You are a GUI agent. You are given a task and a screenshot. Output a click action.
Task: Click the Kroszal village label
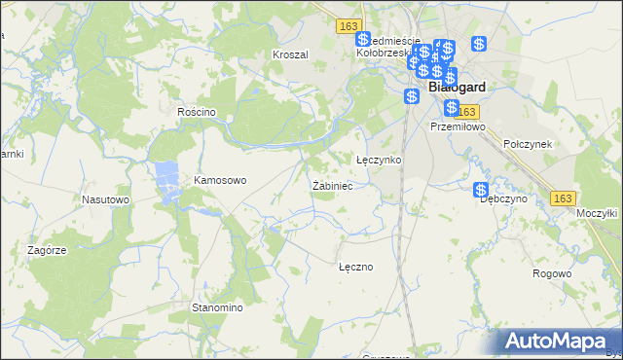point(290,54)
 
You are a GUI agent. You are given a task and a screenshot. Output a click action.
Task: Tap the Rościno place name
point(196,112)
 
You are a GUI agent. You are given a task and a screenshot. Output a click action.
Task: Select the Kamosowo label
point(221,180)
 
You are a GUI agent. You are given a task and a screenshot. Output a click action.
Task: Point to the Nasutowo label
point(106,199)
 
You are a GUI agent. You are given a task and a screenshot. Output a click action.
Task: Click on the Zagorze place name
point(47,250)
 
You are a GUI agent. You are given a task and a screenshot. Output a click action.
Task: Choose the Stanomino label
point(216,307)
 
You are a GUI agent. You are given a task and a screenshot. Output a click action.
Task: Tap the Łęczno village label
point(355,266)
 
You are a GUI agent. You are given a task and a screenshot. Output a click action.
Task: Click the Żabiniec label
point(331,185)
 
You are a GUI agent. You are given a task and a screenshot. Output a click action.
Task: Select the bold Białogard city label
point(457,87)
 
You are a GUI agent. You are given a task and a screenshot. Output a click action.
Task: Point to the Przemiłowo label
point(457,126)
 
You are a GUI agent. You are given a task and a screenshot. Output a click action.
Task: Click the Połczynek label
point(529,143)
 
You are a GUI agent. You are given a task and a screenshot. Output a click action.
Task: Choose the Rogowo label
point(552,273)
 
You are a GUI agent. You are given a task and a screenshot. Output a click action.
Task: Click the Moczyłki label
point(598,212)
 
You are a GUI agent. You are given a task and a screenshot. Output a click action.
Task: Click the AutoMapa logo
point(556,340)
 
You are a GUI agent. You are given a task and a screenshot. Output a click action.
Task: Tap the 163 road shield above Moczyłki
point(562,198)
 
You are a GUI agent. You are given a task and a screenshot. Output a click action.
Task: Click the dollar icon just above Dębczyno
point(481,190)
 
